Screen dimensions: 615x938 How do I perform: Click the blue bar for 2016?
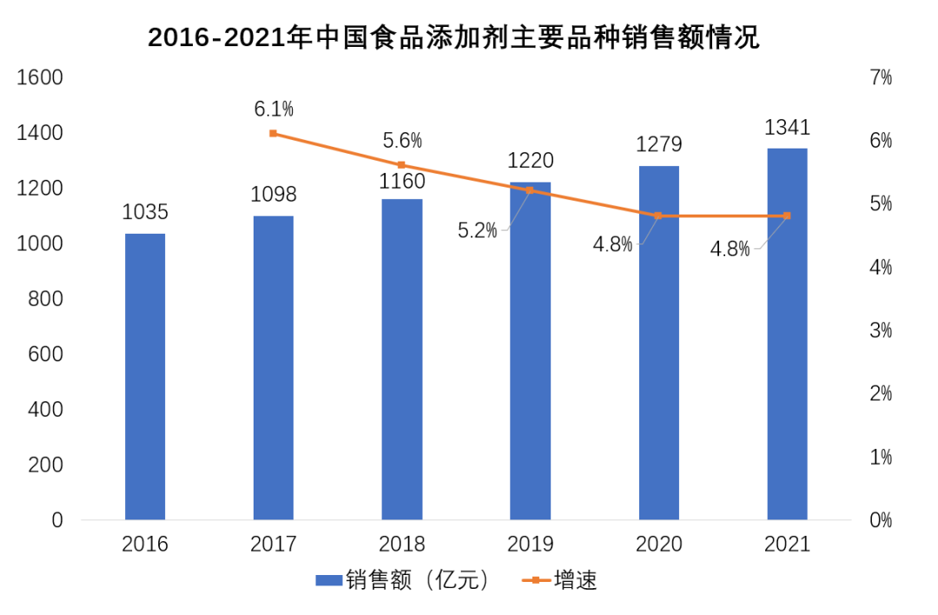coord(145,376)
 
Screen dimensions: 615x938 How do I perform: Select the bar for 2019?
coord(530,351)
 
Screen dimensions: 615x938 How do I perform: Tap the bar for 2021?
coord(787,334)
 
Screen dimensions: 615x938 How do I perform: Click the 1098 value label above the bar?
coord(274,195)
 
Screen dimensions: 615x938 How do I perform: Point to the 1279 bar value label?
coord(658,144)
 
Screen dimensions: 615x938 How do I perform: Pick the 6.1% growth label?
coord(274,109)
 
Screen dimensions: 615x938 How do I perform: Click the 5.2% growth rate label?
coord(478,230)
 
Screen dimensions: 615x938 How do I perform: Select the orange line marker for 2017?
coord(274,134)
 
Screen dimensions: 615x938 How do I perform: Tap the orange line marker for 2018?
coord(401,165)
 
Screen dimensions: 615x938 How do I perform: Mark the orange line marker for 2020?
coord(658,215)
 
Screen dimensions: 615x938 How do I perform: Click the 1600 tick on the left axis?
coord(40,78)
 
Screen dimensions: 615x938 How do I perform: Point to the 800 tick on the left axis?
coord(45,300)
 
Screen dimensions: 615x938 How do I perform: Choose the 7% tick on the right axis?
coord(881,78)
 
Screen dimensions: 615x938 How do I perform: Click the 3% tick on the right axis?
coord(881,331)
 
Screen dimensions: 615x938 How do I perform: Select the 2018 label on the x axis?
coord(401,545)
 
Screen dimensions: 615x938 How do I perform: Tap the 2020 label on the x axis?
coord(658,545)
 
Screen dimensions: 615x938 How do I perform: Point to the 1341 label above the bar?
coord(787,128)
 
